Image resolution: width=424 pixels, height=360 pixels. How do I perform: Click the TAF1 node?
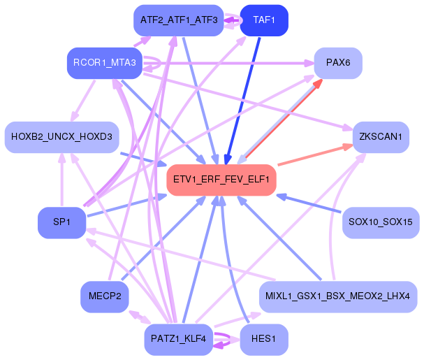point(264,21)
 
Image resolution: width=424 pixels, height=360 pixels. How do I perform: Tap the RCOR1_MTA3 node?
point(105,64)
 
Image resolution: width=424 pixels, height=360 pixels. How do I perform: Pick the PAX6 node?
point(337,63)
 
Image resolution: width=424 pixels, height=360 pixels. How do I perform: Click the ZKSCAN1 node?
point(380,137)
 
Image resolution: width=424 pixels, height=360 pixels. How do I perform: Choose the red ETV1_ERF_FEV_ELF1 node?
point(221,180)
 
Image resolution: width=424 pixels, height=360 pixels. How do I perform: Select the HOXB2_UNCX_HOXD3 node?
point(61,137)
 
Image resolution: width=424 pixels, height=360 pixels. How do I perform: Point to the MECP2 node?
point(105,296)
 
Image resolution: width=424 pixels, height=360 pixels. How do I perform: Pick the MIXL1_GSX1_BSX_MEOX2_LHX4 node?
point(338,296)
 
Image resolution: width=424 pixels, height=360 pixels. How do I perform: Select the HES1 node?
point(264,339)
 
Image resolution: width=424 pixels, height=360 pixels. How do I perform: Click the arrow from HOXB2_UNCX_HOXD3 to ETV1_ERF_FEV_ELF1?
point(143,159)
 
